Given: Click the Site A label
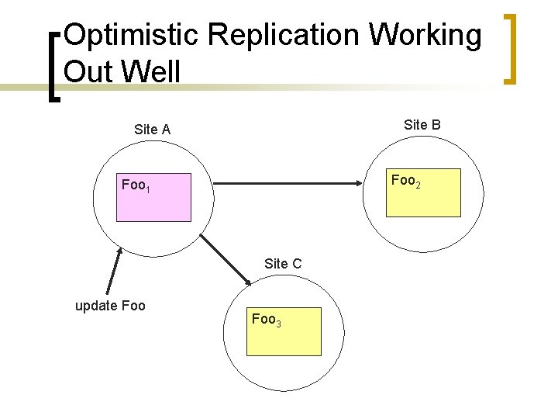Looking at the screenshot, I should coord(152,130).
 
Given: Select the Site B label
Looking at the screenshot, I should coord(422,124).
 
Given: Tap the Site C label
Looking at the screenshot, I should coord(283,264).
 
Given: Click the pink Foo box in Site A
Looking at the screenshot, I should coord(153,197).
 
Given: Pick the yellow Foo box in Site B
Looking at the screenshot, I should coord(424,192).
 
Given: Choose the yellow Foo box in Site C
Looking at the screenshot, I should coord(284,331).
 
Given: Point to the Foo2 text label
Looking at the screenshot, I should coord(406,181).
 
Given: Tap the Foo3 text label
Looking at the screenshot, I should coord(266,319).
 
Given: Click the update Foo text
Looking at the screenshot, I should coord(110,305).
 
